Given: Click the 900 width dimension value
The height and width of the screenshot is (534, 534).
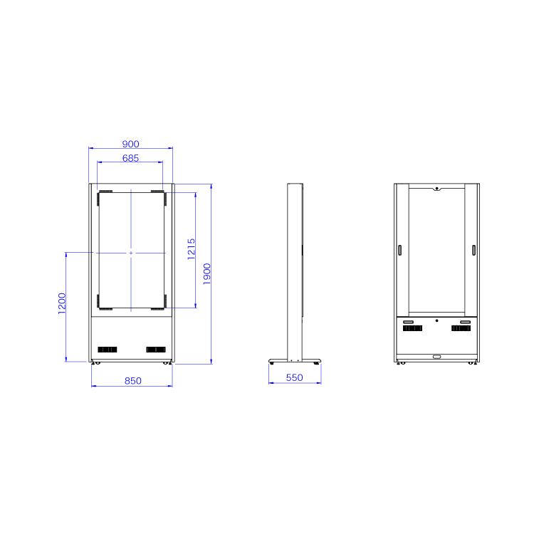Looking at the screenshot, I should pos(130,144).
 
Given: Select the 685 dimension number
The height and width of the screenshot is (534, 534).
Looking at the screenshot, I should pos(130,158).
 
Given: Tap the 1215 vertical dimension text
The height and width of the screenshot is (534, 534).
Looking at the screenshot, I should pos(192,249).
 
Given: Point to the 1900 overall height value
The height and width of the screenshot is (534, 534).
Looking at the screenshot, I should pos(206,274).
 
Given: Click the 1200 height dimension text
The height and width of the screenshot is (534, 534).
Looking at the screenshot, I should pos(62,305).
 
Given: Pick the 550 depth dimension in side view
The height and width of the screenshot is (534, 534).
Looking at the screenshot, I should pos(295,377).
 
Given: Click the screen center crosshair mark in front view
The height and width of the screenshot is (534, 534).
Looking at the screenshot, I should pos(131,253).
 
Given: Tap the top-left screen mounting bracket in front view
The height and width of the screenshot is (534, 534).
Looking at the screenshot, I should pos(104,194).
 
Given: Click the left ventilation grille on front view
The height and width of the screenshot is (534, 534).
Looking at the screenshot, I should pos(107,349).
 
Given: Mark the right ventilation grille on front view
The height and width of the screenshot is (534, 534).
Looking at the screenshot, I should pos(155,349).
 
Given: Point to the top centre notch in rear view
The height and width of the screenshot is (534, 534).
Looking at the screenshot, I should pos(436,189).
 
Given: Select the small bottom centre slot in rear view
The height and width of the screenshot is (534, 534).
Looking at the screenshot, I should pos(436,356).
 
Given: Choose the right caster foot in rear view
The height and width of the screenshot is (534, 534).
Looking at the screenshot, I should pos(472,363).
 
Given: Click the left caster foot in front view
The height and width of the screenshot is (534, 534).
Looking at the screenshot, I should pos(96,363).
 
